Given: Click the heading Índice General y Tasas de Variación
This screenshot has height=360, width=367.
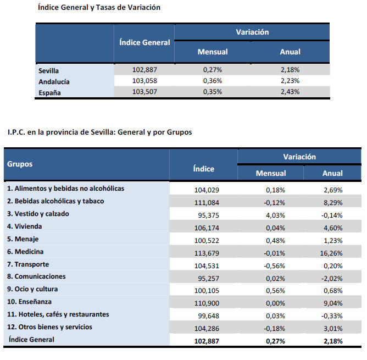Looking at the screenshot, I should pyautogui.click(x=99, y=8).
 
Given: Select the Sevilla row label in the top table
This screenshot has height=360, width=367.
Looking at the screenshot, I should pyautogui.click(x=49, y=71).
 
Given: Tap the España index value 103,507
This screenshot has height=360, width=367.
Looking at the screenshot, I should pyautogui.click(x=144, y=92).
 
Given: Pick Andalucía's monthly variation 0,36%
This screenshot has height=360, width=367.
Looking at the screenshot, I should pyautogui.click(x=212, y=81).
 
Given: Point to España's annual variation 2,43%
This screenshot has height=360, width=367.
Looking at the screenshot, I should pyautogui.click(x=290, y=92).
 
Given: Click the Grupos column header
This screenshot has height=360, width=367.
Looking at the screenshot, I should pyautogui.click(x=20, y=164).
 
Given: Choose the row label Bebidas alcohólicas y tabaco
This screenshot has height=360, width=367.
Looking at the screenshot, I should pyautogui.click(x=55, y=201).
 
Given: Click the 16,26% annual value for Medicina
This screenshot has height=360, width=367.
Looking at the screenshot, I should pyautogui.click(x=332, y=252).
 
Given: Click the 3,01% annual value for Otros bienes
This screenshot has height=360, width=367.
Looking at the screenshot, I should pyautogui.click(x=332, y=328).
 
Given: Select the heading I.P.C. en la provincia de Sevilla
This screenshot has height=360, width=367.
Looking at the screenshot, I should pyautogui.click(x=99, y=132).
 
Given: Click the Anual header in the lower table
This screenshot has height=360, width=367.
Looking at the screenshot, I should pyautogui.click(x=332, y=173).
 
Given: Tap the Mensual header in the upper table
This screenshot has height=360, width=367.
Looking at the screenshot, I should pyautogui.click(x=212, y=52).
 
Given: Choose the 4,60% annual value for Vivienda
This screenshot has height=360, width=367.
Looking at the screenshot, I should pyautogui.click(x=332, y=226).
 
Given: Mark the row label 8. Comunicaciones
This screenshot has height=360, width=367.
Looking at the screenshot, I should pyautogui.click(x=36, y=276).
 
